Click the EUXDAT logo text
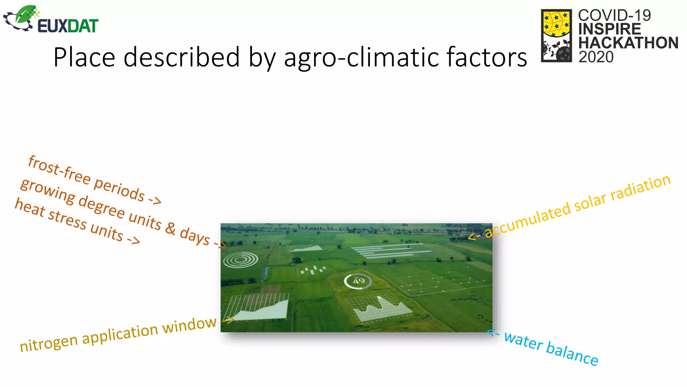point(68,26)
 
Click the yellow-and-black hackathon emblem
point(556,35)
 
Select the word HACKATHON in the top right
point(628,43)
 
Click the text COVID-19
point(614,15)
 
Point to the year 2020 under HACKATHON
point(596,57)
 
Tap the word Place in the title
point(84,57)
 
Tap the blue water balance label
point(551,348)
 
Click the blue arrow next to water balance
point(493,333)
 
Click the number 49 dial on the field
point(358,281)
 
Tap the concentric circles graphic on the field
point(241,260)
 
